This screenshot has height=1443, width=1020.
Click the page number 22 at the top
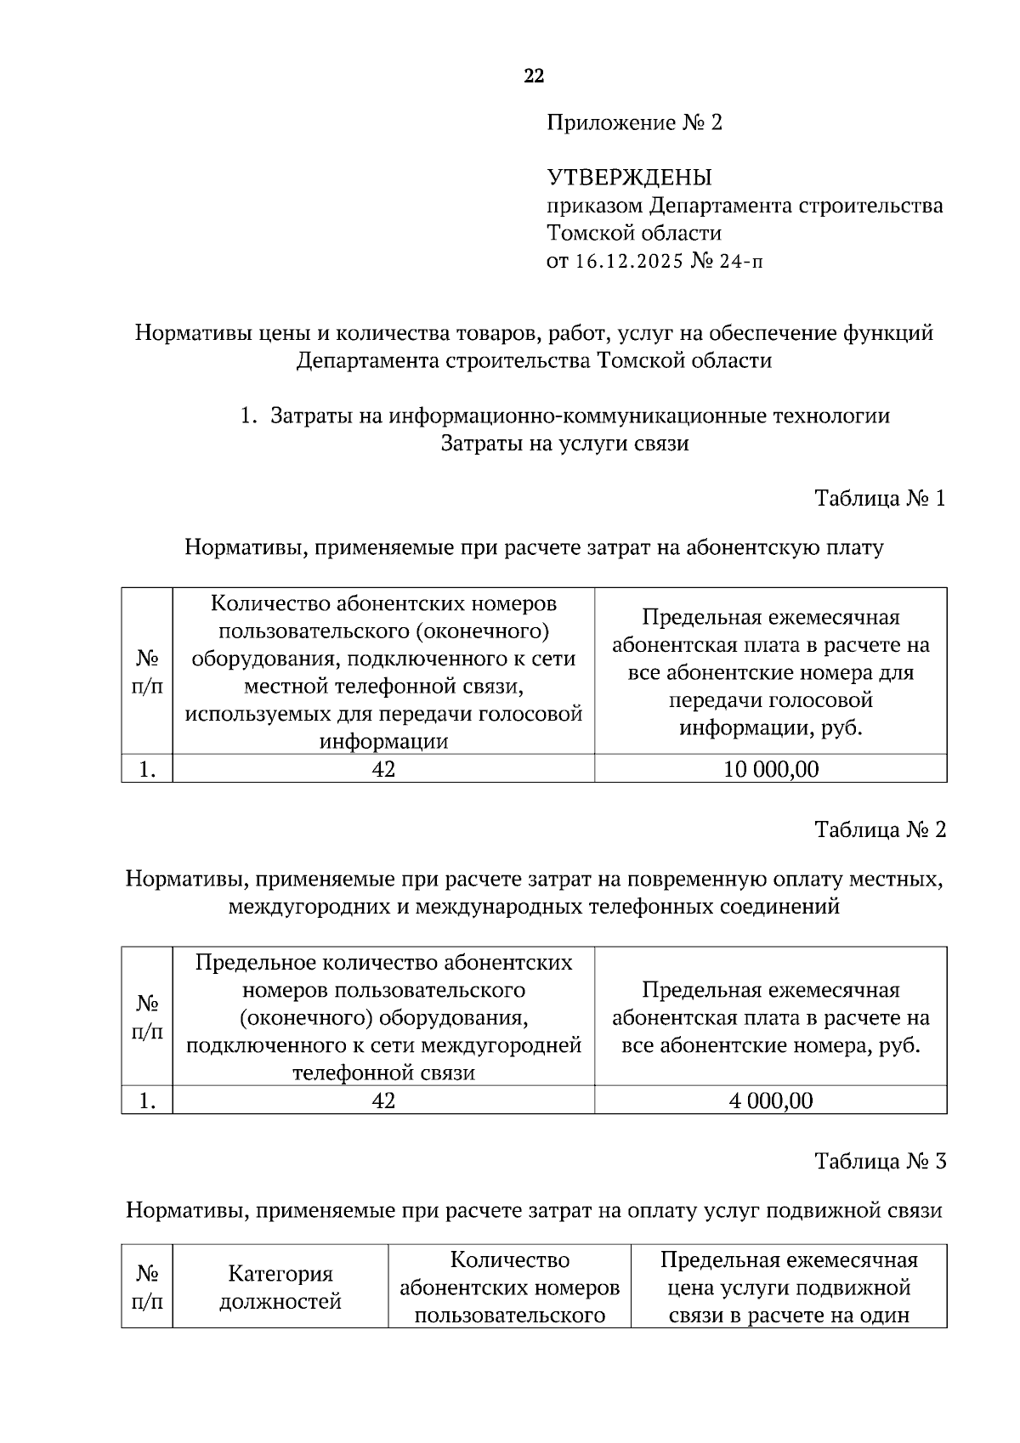pos(533,76)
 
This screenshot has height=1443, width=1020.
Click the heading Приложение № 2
pos(633,123)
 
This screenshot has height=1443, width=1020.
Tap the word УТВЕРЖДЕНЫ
pos(628,178)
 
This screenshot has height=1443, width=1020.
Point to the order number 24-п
pos(741,261)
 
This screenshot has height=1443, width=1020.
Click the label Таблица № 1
pos(880,498)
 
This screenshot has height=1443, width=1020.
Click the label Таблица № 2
pos(880,829)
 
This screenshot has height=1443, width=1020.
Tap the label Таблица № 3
pos(880,1161)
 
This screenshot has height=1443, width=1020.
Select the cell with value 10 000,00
pos(770,769)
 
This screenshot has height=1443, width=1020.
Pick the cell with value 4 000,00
pos(770,1101)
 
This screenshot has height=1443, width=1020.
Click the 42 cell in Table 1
pos(383,769)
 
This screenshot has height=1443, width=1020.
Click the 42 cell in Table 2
pos(383,1101)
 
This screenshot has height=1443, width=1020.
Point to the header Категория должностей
pos(280,1287)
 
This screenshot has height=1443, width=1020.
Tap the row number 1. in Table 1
pos(147,769)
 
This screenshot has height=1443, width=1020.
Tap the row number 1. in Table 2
pos(147,1101)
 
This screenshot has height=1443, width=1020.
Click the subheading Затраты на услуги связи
pos(564,444)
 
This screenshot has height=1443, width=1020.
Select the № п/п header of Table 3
pos(147,1287)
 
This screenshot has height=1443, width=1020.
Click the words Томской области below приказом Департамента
pos(633,233)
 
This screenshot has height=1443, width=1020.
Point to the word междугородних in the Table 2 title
pos(309,907)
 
